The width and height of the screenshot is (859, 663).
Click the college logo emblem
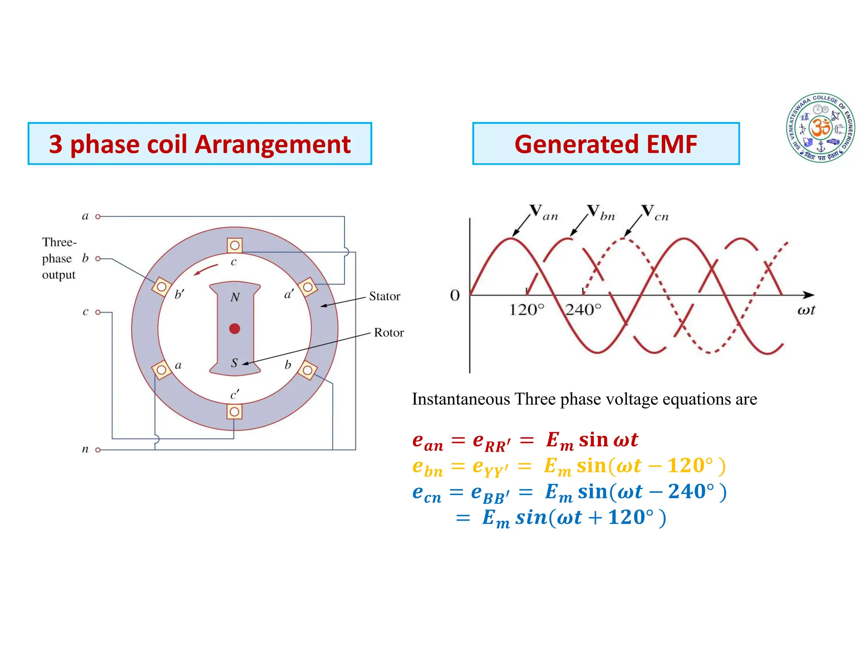click(820, 127)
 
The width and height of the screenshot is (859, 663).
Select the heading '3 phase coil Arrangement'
click(200, 144)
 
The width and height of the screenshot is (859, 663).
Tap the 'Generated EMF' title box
click(606, 144)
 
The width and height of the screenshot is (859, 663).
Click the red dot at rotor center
click(234, 329)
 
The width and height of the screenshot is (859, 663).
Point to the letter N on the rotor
click(235, 297)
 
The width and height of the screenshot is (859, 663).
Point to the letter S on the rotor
click(234, 363)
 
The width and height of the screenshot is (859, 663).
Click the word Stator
click(384, 296)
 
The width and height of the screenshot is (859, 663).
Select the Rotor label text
click(388, 332)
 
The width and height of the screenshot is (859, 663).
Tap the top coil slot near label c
click(234, 245)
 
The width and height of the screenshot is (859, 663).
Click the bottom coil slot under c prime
click(234, 412)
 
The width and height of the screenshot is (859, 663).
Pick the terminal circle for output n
click(98, 450)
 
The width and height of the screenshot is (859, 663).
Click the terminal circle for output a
click(98, 217)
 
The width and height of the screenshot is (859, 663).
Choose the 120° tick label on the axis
click(526, 310)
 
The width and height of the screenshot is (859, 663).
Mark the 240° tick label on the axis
click(583, 310)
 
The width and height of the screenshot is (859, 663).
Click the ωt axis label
click(806, 310)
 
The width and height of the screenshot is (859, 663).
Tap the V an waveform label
click(543, 212)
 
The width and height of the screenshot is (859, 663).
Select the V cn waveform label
click(655, 212)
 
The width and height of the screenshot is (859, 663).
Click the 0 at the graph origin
click(455, 295)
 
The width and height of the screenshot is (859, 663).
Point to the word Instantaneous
click(461, 399)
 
